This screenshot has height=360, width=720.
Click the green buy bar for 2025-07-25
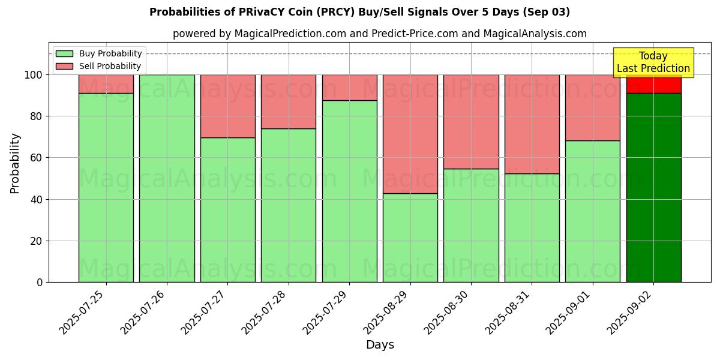[106, 187]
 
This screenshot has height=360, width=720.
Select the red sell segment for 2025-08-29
[410, 134]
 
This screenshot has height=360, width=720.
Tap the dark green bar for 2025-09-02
[653, 187]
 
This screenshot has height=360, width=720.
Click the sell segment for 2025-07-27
[228, 106]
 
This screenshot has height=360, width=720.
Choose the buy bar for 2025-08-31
[532, 227]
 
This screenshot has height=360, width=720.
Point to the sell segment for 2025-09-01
[592, 107]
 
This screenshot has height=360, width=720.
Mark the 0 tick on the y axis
[40, 282]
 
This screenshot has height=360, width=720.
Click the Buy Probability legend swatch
[64, 54]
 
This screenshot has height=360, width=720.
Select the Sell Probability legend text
[110, 66]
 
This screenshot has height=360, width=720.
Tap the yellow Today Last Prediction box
[653, 62]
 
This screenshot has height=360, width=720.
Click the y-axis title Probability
[15, 163]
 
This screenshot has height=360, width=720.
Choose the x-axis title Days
[380, 345]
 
